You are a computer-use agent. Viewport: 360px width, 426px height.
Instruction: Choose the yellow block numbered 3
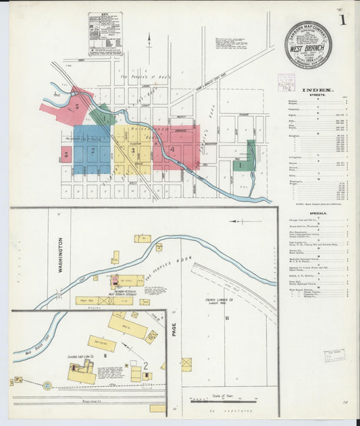click(x=132, y=150)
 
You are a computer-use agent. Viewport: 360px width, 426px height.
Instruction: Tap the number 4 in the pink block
click(x=172, y=149)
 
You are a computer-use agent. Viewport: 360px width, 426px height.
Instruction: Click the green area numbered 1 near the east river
click(x=238, y=164)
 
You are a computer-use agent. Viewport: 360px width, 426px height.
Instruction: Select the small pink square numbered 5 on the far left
click(x=66, y=155)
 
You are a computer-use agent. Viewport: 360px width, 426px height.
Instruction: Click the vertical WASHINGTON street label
click(x=60, y=254)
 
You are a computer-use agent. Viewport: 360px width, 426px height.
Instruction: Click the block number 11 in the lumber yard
click(x=228, y=317)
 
